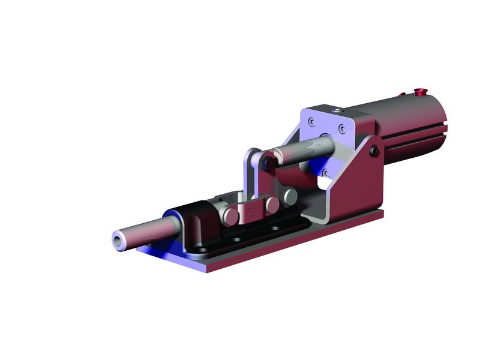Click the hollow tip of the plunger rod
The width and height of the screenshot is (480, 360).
point(118,239)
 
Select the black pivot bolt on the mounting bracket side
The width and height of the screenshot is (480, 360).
point(374,152)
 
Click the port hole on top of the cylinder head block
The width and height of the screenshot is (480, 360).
point(338,110)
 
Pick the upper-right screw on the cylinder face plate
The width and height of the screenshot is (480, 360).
point(341,128)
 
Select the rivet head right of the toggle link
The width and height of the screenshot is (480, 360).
point(290,196)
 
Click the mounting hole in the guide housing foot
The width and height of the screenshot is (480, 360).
point(202,248)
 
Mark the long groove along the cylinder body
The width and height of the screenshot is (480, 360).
point(414,141)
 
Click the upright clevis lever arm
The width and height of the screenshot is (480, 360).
point(251,174)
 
